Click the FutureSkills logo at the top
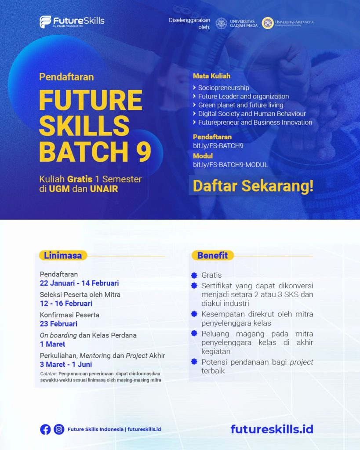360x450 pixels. click(x=72, y=22)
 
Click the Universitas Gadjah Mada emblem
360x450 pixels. click(x=222, y=23)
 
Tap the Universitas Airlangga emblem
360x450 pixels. click(x=268, y=23)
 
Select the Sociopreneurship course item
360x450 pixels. click(x=223, y=87)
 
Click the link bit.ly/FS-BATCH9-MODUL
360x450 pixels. click(x=230, y=165)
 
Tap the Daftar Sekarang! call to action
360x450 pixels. click(x=253, y=185)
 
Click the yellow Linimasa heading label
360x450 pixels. click(x=62, y=255)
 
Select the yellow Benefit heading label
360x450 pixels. click(x=212, y=255)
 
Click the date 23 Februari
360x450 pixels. click(x=58, y=324)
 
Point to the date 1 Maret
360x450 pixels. click(x=52, y=344)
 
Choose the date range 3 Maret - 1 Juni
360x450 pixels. click(x=66, y=364)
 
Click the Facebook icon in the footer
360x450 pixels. click(x=45, y=429)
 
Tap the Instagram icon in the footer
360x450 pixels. click(x=59, y=429)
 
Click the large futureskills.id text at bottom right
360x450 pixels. click(x=272, y=429)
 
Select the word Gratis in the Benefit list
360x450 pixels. click(x=211, y=275)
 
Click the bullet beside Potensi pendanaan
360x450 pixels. click(x=194, y=362)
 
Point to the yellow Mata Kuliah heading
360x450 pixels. click(x=211, y=76)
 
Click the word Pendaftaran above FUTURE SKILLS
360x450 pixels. click(x=66, y=77)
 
